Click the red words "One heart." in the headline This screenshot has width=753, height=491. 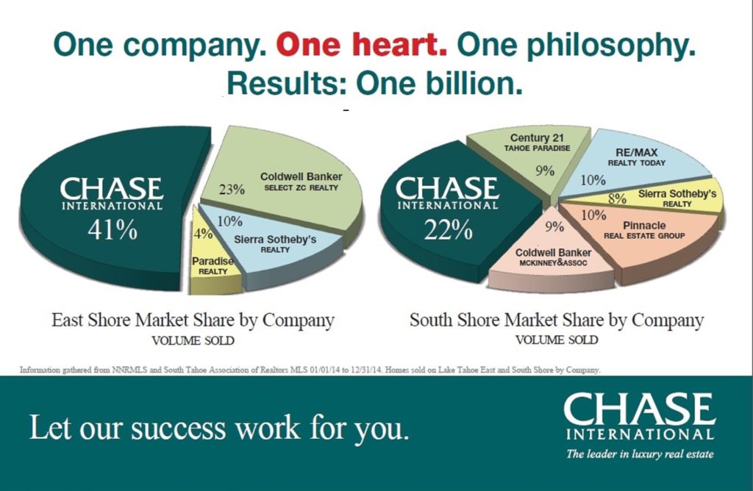tap(361, 45)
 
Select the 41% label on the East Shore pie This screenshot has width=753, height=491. tap(113, 230)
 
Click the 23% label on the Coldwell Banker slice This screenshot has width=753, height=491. tap(232, 190)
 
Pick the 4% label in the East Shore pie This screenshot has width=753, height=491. tap(203, 234)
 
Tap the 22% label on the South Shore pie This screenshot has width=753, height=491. tap(448, 230)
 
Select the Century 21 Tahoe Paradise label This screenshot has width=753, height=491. tap(537, 143)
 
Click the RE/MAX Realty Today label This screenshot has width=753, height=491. tap(636, 157)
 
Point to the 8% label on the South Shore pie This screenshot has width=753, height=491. tap(617, 198)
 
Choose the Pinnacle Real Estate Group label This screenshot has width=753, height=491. tap(644, 230)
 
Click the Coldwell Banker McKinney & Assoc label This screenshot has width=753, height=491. tap(553, 257)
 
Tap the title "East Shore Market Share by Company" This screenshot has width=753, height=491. tap(193, 321)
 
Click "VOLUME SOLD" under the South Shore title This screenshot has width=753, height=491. tap(557, 340)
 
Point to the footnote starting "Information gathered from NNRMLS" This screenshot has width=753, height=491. tap(310, 370)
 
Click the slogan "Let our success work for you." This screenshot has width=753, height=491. tap(219, 428)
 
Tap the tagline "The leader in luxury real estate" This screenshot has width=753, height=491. tap(640, 454)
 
